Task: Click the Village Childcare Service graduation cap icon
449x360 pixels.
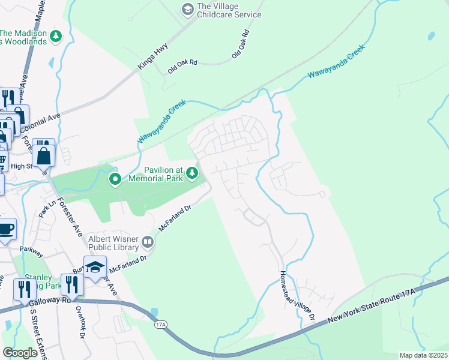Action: click(187, 8)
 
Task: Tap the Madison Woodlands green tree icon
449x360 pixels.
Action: click(56, 37)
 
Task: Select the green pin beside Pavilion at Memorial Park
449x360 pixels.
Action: click(115, 178)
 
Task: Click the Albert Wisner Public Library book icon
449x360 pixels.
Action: click(148, 242)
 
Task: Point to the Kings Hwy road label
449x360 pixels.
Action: click(153, 57)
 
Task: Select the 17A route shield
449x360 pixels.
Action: click(160, 325)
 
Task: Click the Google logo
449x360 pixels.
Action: click(20, 352)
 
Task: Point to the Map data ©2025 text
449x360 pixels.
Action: click(423, 355)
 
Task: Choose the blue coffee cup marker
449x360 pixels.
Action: click(5, 230)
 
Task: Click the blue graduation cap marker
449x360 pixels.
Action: click(95, 268)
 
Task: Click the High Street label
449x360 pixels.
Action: click(21, 166)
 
